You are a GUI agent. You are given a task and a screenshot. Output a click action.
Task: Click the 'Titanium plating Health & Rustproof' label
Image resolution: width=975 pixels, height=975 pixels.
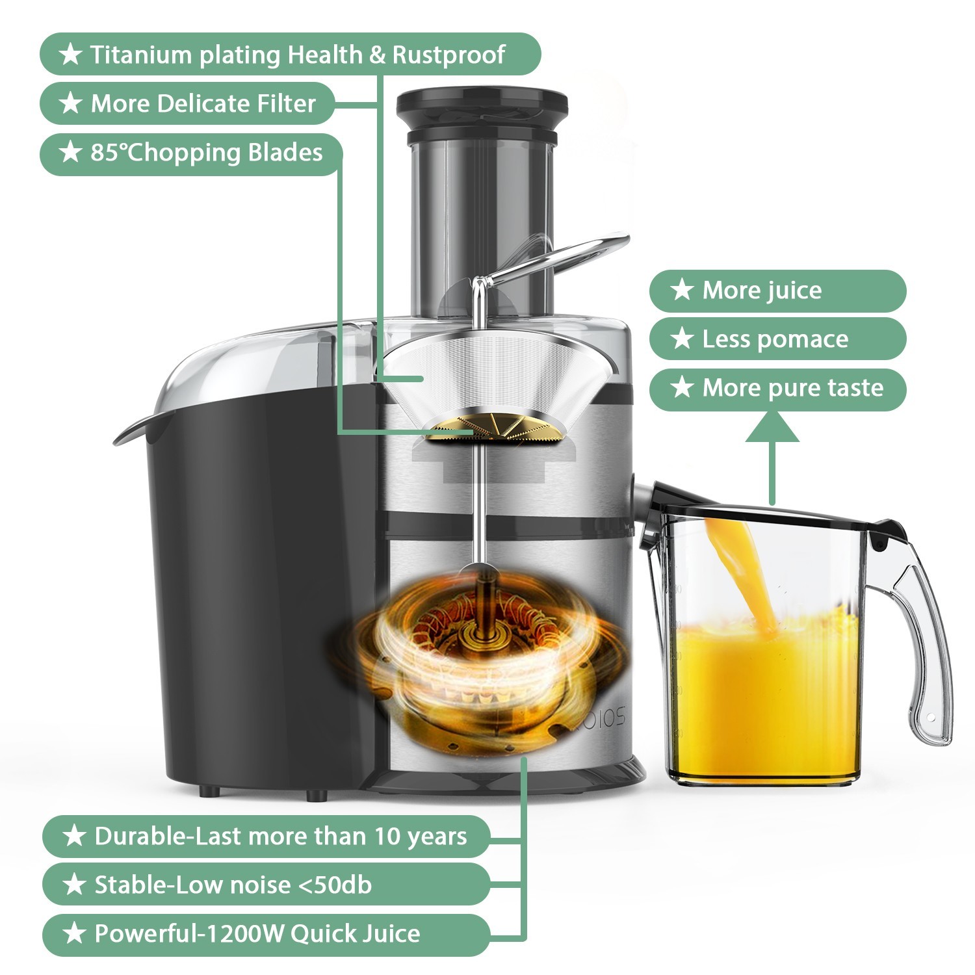pos(290,55)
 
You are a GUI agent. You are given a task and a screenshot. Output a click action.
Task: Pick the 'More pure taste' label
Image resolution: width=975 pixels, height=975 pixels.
pos(777,388)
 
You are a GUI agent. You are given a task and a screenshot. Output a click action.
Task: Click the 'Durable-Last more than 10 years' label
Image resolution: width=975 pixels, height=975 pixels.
pos(266,837)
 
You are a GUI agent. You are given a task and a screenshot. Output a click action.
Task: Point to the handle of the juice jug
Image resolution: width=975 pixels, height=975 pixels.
pos(923,650)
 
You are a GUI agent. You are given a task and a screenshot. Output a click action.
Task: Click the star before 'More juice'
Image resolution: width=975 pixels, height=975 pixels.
pos(682,290)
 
